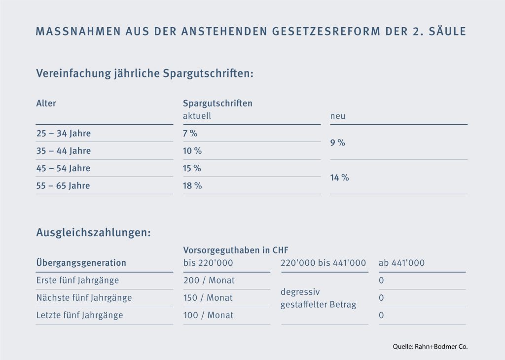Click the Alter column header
[x=46, y=104]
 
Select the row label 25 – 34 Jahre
[x=64, y=134]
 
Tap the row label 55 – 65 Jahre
[x=64, y=186]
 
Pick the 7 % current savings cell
[x=190, y=134]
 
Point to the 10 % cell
[x=192, y=151]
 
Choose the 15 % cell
[x=192, y=168]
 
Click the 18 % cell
[x=192, y=186]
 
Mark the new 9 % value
[x=338, y=143]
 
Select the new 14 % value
[x=339, y=177]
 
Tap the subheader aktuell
[x=197, y=116]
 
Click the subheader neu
[x=338, y=116]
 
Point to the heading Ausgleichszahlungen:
[x=93, y=233]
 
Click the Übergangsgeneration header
[x=81, y=263]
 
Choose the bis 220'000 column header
[x=208, y=263]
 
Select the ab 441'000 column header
[x=401, y=263]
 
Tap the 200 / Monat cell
[x=209, y=281]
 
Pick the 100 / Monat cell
[x=209, y=315]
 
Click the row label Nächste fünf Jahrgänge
[x=84, y=298]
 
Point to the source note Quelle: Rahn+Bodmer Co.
[x=430, y=346]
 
